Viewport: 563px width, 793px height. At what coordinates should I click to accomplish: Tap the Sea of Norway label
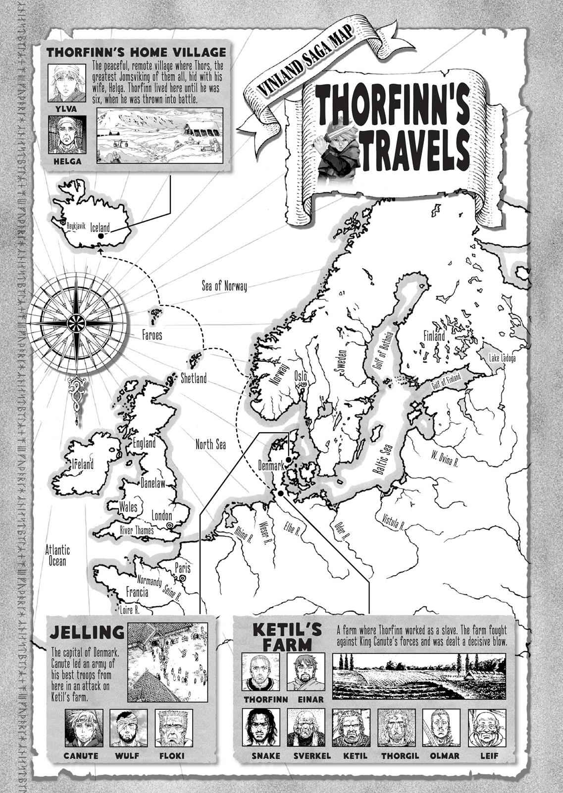tap(224, 286)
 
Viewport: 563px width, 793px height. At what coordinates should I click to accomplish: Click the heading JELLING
tap(87, 632)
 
